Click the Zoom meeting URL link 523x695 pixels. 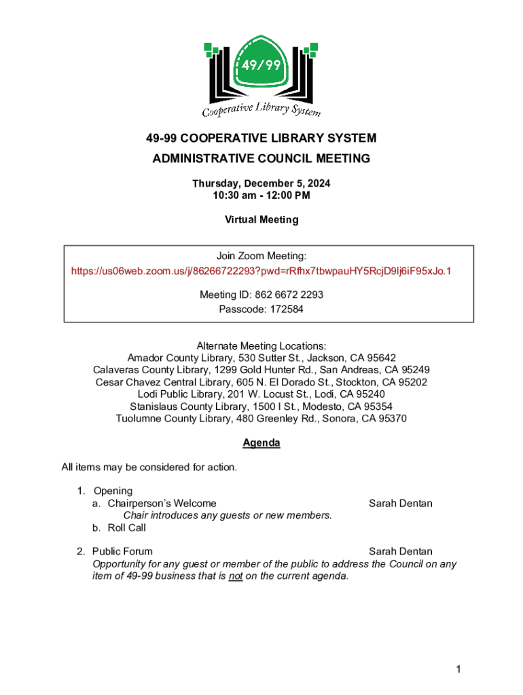pos(261,271)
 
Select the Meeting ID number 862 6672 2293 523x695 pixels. pos(289,295)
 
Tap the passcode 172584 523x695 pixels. pos(282,309)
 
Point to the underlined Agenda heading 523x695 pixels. pos(261,443)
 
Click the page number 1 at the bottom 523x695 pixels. pos(459,670)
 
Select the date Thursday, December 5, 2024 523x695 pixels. pos(261,184)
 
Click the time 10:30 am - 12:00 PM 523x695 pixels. pos(261,196)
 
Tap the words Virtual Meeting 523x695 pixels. pos(261,220)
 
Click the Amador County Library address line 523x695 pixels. pos(261,358)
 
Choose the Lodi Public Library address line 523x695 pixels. pos(261,394)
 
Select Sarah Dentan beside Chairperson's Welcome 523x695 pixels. pos(400,504)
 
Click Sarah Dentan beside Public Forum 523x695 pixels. pos(400,552)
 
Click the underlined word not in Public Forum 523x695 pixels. pos(236,576)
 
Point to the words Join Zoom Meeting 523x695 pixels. pos(261,256)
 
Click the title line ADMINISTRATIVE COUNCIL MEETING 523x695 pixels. pos(261,159)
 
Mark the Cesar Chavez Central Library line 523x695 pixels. pos(261,382)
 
